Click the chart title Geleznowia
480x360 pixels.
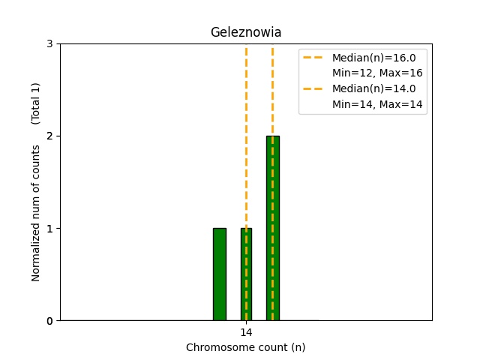245,32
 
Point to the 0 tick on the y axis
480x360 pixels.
49,321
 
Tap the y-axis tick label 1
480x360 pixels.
49,229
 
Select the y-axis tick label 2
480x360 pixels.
49,136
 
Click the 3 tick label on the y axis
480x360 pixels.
49,44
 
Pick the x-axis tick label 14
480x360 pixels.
246,332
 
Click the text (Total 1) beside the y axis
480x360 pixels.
36,103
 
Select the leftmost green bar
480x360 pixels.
219,274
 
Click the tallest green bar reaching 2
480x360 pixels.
272,228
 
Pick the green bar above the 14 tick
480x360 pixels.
246,274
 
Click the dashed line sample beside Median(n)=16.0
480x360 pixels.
314,58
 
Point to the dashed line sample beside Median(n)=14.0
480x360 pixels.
314,88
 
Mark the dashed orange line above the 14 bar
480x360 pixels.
246,135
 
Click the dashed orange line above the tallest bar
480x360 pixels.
272,90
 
